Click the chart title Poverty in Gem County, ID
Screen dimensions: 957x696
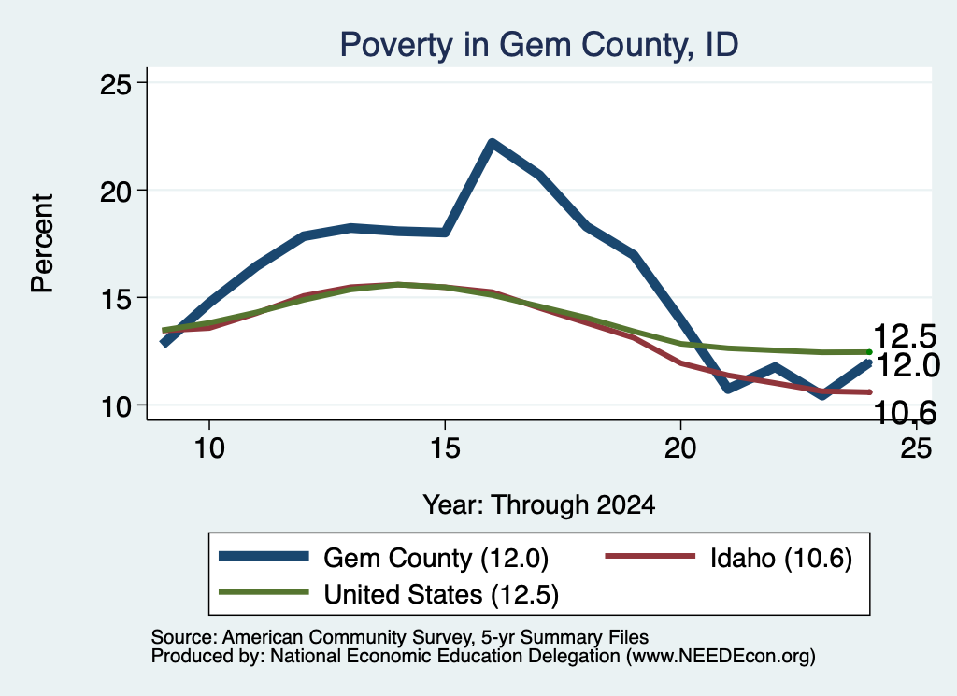[539, 45]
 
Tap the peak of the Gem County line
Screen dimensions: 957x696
[492, 143]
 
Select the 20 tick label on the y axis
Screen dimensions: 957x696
[115, 191]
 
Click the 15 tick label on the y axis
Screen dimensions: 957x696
[115, 298]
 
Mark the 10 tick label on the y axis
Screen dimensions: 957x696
[115, 405]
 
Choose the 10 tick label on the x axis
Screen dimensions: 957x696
[209, 448]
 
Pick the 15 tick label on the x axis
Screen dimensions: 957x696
[445, 448]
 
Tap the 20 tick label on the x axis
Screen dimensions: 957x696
[680, 448]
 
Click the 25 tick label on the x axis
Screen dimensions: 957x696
[916, 448]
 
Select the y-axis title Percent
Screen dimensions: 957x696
[43, 244]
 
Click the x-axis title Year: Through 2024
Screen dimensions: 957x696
[539, 505]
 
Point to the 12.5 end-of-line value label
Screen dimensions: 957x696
[905, 336]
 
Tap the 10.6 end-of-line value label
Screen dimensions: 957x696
[905, 413]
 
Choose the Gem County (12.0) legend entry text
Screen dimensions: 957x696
[436, 558]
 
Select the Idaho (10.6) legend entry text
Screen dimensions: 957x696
[780, 558]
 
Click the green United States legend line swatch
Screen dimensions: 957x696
[264, 592]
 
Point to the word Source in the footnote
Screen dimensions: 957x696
[181, 637]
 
